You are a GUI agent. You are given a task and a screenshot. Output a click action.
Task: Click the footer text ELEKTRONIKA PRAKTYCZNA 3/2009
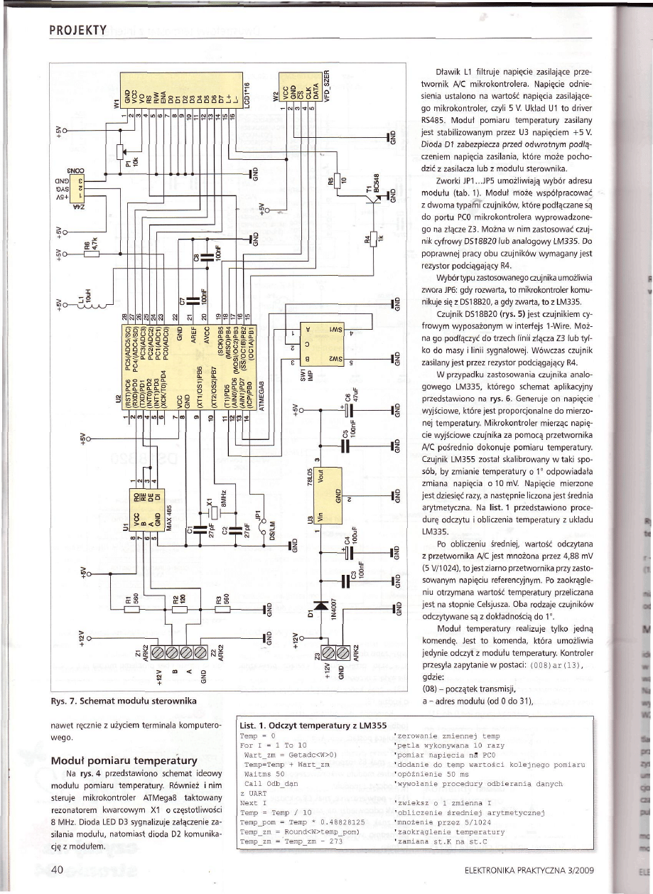[x=527, y=871]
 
